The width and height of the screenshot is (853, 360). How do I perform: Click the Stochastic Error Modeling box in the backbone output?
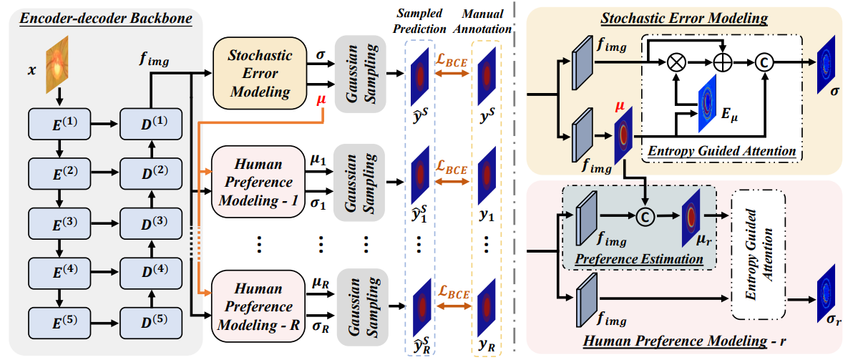point(260,74)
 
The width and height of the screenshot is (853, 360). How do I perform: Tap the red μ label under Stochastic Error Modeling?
point(323,101)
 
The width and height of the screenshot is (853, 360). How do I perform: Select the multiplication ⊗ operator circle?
point(675,64)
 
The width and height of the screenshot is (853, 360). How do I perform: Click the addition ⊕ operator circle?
point(723,64)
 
